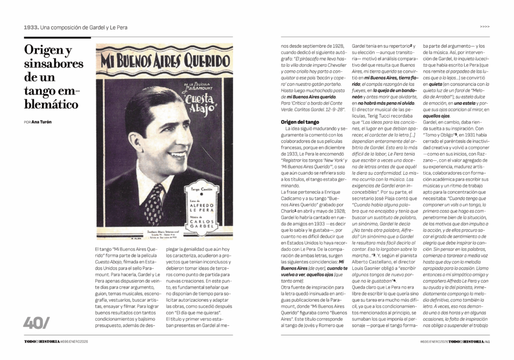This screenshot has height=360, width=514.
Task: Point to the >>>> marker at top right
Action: coord(484,27)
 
